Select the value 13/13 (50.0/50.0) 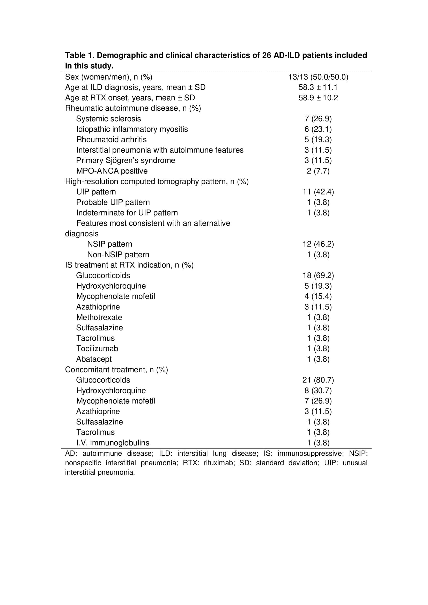coord(318,77)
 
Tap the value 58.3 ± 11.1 coord(318,87)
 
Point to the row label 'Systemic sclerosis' coord(108,119)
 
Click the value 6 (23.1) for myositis coord(318,129)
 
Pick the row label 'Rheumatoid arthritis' coord(111,140)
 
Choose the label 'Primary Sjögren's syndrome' coord(126,160)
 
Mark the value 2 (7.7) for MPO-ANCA coord(318,171)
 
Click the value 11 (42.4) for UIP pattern coord(318,192)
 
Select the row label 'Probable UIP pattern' coord(113,202)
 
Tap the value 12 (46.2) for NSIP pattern coord(318,244)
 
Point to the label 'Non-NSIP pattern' coord(118,255)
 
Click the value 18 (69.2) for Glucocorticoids coord(318,275)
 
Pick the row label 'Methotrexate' coord(99,317)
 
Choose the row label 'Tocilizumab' coord(97,349)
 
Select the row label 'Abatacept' coord(94,359)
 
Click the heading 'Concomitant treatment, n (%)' coord(116,370)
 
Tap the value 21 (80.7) coord(318,380)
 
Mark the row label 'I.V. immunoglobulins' coord(113,443)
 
